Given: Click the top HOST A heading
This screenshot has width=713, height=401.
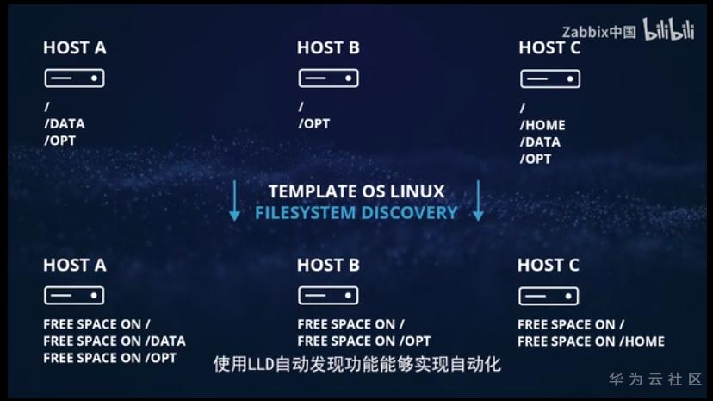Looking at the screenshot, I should (75, 48).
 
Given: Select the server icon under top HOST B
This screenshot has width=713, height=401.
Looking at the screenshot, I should (328, 78).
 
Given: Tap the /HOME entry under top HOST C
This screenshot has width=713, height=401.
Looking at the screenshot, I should (542, 125).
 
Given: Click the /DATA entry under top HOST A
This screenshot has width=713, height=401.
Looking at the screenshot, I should (65, 123).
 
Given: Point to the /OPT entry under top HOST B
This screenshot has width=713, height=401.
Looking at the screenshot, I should (314, 124).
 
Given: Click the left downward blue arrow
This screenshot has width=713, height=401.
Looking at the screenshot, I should (234, 201).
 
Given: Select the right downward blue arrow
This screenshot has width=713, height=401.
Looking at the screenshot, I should (479, 201).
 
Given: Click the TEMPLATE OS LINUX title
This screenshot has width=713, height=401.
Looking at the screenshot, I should (356, 191).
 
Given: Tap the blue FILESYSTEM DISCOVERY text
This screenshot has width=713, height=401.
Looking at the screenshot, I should (356, 212).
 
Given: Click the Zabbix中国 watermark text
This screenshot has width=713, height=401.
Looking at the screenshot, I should (599, 32).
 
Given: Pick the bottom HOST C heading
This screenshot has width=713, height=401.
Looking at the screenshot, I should (549, 265).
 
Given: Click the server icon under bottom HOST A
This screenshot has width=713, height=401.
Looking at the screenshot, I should (74, 296).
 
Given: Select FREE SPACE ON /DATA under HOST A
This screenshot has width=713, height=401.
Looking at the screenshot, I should (115, 341).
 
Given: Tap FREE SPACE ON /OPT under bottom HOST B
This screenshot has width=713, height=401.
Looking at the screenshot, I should (364, 341).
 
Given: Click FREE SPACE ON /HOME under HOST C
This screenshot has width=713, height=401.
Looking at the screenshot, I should (591, 341).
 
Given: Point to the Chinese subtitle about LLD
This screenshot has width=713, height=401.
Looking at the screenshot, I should (356, 364).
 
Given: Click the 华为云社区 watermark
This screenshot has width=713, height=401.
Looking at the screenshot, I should (655, 379).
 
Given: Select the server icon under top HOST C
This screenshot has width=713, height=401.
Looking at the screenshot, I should (549, 79).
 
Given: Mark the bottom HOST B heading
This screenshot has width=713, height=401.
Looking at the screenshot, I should (328, 265).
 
